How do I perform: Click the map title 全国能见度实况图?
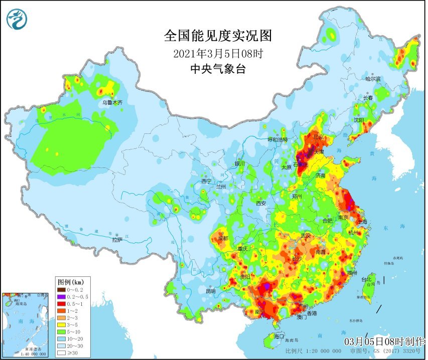[218, 36]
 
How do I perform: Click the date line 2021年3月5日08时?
[218, 54]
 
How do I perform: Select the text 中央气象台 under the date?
[218, 70]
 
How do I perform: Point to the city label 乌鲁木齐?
[112, 102]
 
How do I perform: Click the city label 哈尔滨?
[373, 79]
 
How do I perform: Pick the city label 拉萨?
[117, 240]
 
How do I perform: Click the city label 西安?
[261, 203]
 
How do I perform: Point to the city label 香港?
[312, 313]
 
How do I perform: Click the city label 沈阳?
[358, 120]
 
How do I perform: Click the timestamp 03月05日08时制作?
[385, 341]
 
